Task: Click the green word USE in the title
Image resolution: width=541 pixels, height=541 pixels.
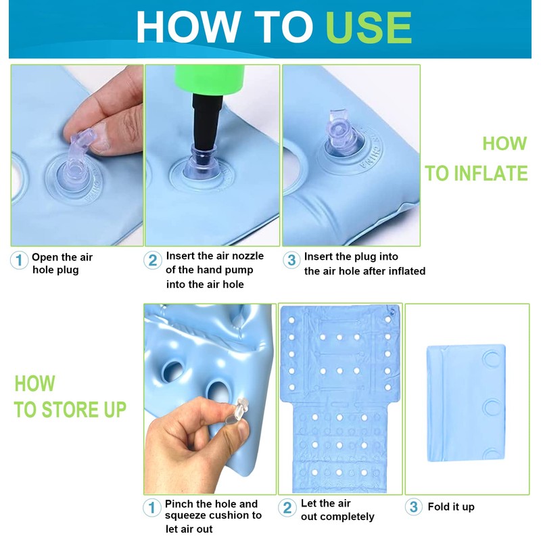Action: click(x=369, y=28)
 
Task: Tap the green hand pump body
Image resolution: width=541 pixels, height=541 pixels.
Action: click(x=210, y=79)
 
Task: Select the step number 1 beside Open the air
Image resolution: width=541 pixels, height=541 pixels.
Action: click(x=20, y=260)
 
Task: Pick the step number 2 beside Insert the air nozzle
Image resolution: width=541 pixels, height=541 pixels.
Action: click(x=153, y=260)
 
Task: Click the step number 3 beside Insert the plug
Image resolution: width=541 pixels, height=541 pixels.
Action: click(x=291, y=260)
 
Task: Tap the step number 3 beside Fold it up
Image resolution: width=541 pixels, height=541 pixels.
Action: click(x=414, y=507)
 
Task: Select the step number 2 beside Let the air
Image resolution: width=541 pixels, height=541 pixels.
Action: click(x=287, y=508)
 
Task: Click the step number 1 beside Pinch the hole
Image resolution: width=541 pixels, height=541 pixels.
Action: click(x=151, y=508)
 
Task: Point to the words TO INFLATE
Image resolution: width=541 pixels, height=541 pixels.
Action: click(x=477, y=173)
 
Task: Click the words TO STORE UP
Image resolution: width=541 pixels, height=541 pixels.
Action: click(x=70, y=410)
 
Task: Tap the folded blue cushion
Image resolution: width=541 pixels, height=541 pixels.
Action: click(x=466, y=403)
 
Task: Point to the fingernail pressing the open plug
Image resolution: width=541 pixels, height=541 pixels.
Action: click(x=101, y=138)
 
